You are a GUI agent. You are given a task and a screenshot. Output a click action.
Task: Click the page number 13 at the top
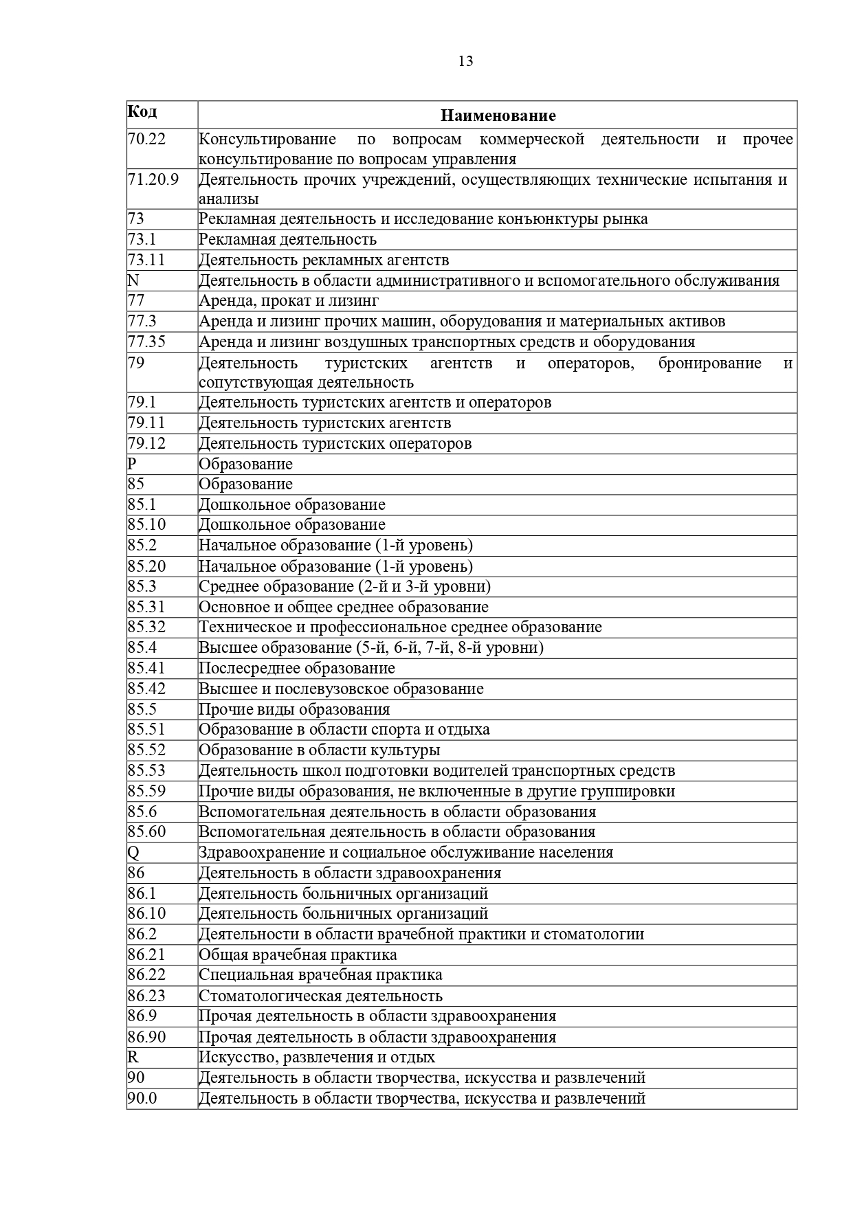465,61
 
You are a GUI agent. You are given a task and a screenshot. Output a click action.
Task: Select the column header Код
142,111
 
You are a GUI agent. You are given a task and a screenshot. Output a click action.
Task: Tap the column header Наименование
498,115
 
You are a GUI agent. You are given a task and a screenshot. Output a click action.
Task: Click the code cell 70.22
147,139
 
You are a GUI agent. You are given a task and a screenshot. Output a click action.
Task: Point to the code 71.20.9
153,179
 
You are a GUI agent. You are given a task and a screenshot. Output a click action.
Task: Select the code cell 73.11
146,260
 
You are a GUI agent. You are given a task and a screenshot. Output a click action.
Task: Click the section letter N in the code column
133,280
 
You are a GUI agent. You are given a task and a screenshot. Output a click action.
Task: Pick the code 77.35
146,342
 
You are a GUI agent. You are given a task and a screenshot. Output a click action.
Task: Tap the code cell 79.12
146,443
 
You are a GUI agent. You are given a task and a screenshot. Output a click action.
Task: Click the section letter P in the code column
133,464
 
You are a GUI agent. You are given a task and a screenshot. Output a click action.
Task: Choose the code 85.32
146,627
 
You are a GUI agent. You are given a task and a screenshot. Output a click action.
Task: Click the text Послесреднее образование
297,668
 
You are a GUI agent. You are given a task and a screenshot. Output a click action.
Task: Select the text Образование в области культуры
320,750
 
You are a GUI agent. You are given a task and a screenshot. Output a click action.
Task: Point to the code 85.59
146,791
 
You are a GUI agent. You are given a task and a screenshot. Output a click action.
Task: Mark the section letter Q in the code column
133,852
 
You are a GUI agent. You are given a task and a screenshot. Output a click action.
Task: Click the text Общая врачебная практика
298,954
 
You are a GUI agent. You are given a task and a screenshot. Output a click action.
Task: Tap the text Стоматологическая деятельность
320,996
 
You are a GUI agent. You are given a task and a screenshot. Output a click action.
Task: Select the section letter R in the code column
133,1057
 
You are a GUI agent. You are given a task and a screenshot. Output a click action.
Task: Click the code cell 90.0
142,1098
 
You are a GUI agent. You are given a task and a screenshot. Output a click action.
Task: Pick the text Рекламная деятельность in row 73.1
287,239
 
